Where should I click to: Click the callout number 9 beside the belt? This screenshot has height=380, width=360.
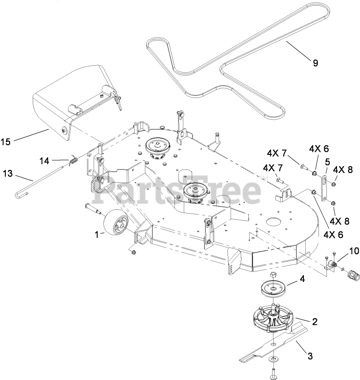315,63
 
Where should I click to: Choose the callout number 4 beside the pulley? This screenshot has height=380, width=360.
303,278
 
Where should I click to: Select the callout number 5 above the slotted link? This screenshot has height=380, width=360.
327,162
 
